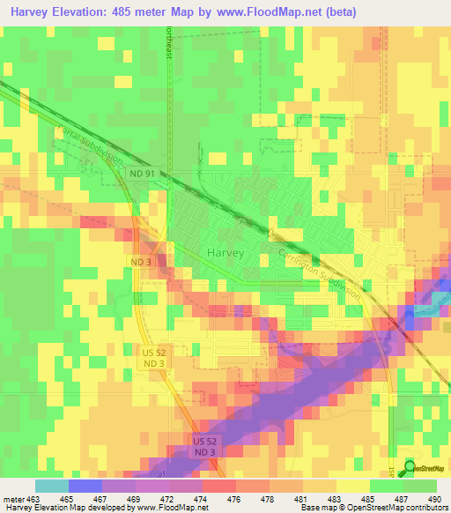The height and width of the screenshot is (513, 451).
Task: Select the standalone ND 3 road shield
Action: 140,263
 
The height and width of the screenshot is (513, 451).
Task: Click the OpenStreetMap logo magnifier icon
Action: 409,468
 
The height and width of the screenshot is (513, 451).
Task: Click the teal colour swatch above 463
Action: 51,486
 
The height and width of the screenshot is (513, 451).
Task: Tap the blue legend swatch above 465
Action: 85,486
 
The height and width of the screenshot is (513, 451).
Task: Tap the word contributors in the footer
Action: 426,509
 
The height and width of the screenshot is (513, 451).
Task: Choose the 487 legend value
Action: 404,499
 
